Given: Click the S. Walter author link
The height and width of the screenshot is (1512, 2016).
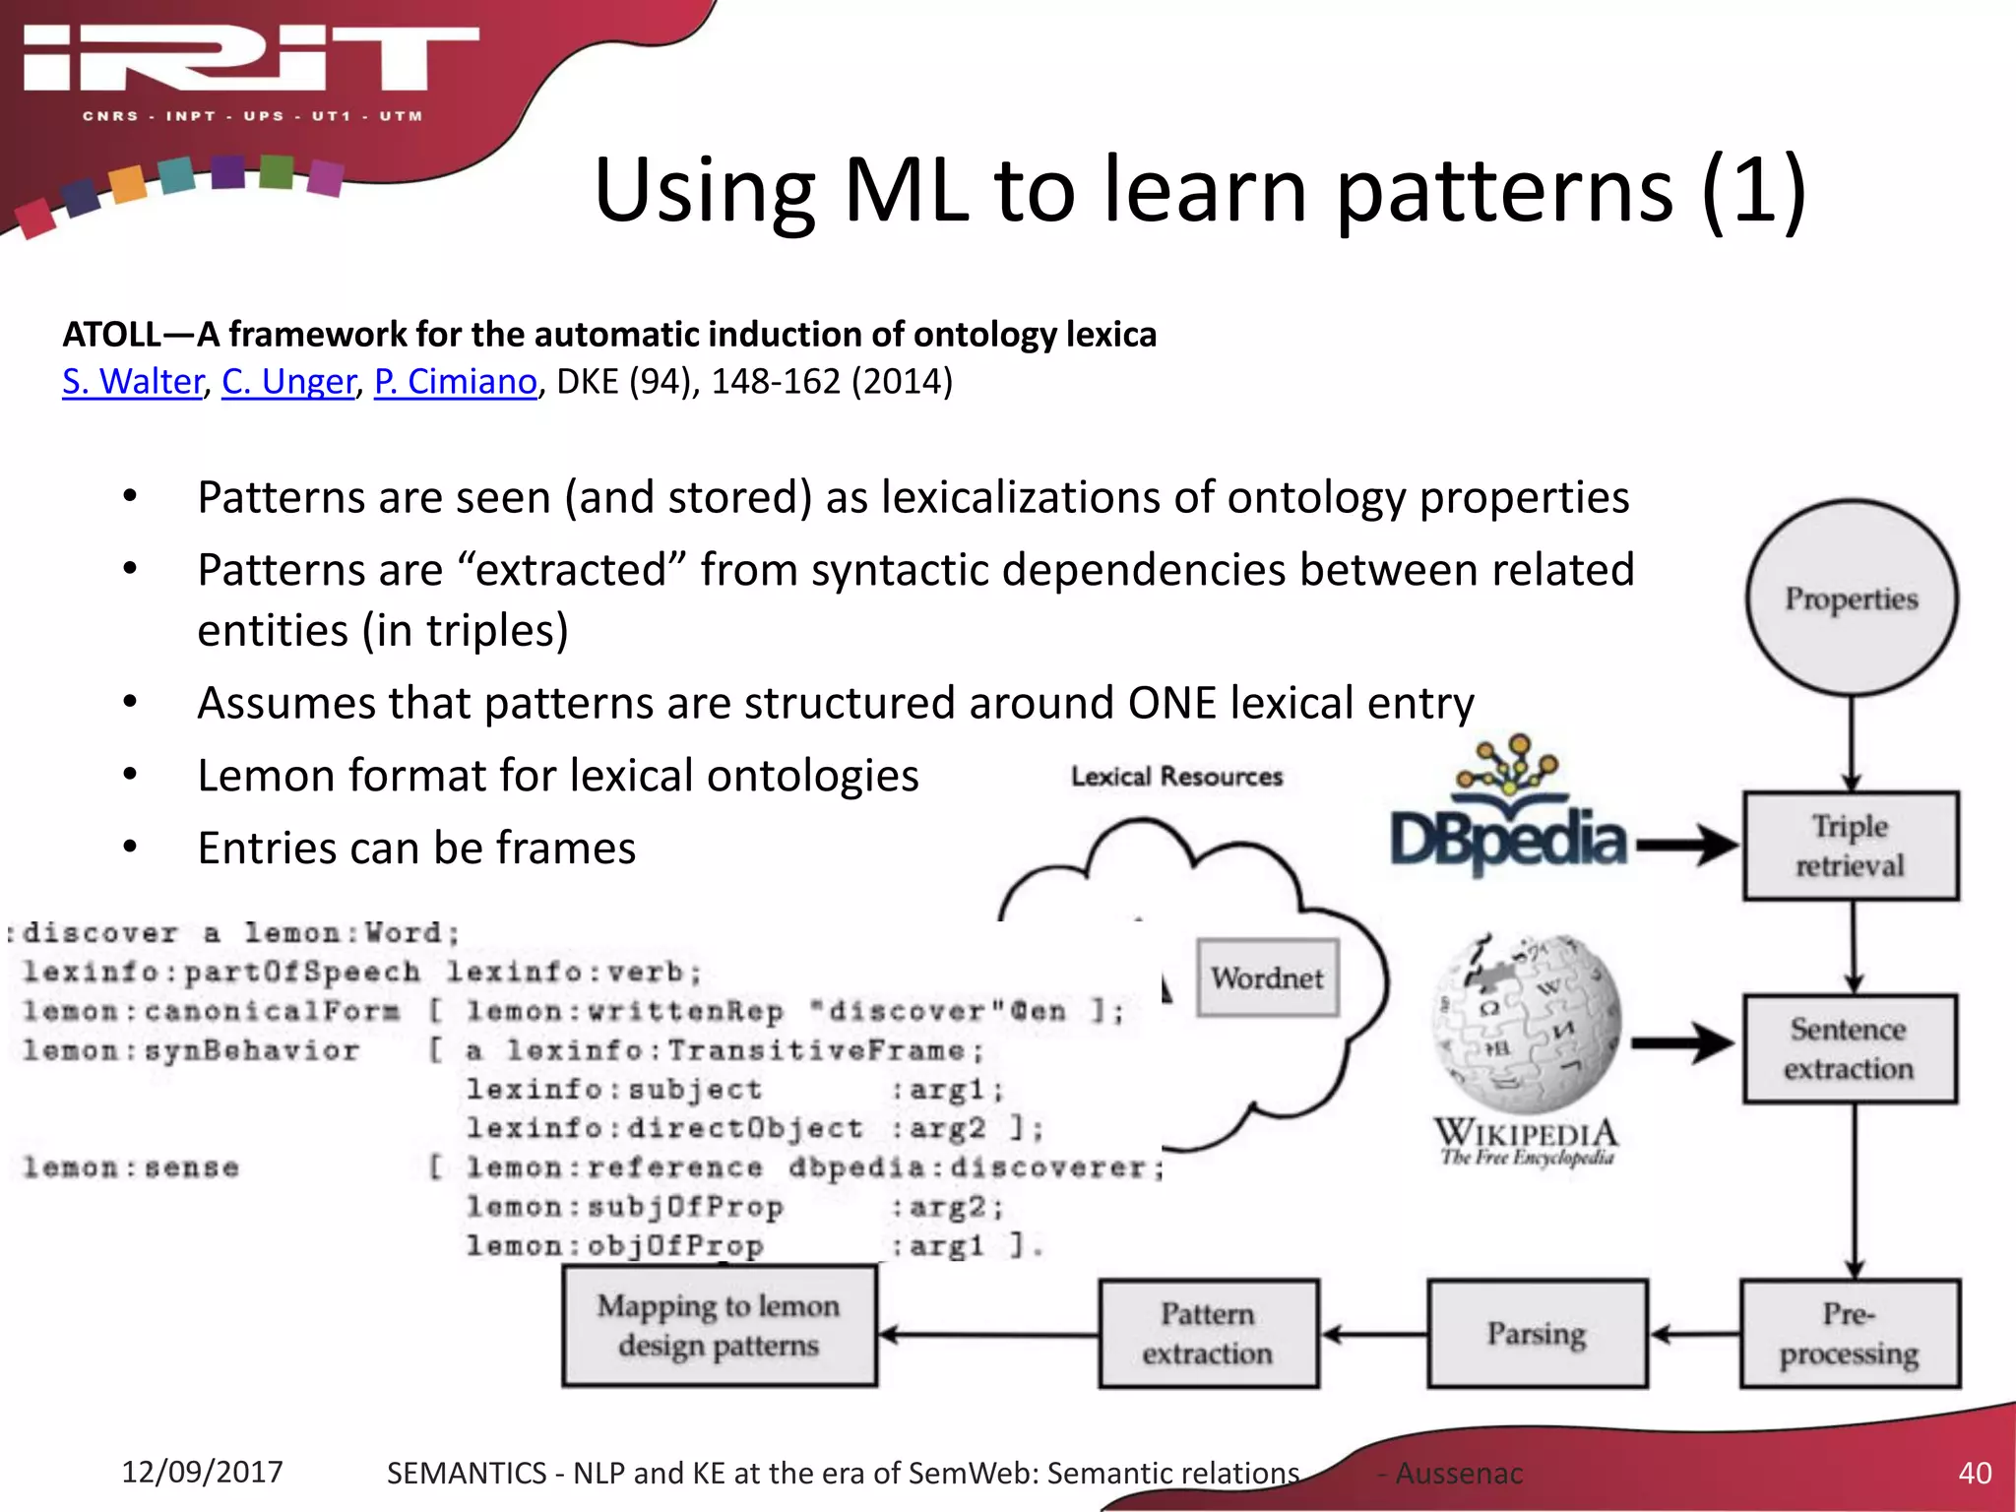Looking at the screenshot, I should click(132, 382).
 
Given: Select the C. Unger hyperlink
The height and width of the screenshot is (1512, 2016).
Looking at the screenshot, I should click(287, 382).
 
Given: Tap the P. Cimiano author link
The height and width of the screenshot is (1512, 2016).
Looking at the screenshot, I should click(455, 382).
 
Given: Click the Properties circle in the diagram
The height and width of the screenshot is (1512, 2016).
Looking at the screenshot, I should click(1851, 598).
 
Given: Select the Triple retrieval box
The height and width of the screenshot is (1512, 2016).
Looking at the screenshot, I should click(1851, 846).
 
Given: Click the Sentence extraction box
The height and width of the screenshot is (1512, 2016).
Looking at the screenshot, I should click(1849, 1048).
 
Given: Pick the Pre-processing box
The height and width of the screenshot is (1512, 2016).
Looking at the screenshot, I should click(1849, 1334).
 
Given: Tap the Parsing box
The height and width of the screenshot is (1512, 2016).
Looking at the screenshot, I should click(1537, 1334).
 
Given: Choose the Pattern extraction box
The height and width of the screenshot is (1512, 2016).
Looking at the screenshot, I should click(1208, 1334).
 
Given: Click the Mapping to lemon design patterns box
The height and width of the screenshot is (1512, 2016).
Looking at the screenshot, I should click(720, 1326).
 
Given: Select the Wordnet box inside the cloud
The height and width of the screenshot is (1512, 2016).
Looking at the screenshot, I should click(1267, 977).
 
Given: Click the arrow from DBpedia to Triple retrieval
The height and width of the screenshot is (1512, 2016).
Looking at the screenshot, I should click(1685, 846).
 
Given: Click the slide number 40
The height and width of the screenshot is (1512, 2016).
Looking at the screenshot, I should click(1975, 1473).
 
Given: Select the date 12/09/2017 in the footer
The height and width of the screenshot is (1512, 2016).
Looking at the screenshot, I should click(202, 1472).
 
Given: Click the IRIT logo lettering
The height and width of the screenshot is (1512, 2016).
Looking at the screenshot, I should click(251, 59).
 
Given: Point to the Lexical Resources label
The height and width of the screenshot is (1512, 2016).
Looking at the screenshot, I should click(1176, 777).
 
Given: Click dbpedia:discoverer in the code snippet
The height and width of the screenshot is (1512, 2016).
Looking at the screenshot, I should click(975, 1168).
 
